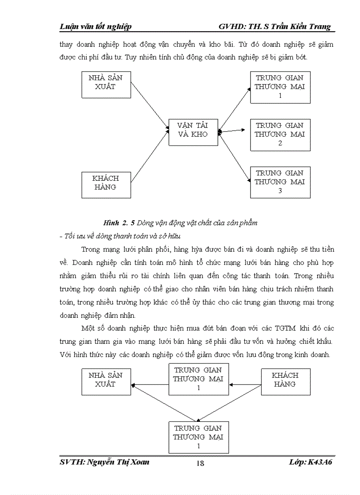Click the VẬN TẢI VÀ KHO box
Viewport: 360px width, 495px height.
coord(193,131)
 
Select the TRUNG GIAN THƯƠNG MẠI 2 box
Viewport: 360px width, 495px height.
coord(280,134)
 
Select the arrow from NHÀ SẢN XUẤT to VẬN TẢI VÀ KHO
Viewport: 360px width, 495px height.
coord(150,106)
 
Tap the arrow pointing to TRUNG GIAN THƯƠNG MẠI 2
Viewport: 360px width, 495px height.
coord(232,130)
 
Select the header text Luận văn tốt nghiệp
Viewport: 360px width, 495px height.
coord(95,27)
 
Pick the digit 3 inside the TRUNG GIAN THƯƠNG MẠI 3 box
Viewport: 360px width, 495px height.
coord(280,191)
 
